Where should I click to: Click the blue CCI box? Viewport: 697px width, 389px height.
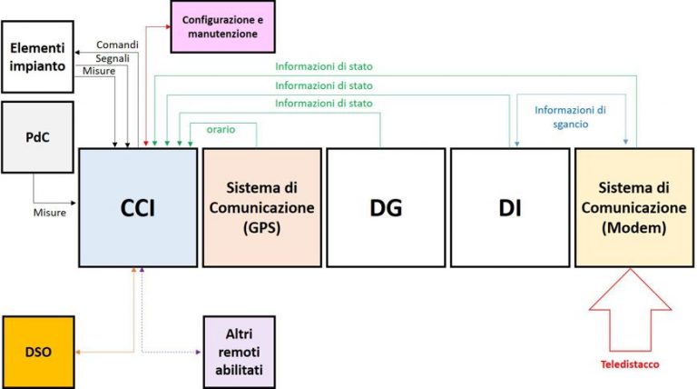(138, 207)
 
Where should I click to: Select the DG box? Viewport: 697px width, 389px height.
(386, 207)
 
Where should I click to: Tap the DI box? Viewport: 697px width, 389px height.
(510, 207)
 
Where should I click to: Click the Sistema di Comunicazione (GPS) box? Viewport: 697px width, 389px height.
(261, 207)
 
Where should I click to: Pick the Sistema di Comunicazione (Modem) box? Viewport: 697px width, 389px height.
(634, 207)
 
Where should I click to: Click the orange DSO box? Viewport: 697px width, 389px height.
(38, 352)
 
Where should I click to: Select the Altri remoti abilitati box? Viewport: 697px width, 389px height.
(240, 352)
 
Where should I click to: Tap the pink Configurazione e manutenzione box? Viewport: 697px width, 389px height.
(222, 26)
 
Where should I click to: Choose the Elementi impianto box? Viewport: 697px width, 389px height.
(38, 57)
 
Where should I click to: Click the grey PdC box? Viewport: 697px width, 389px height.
(38, 137)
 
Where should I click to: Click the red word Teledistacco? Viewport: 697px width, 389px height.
(630, 364)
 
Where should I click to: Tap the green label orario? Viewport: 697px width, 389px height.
(221, 130)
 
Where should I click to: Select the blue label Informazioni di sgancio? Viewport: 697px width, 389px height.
(570, 116)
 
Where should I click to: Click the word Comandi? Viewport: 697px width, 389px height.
(117, 45)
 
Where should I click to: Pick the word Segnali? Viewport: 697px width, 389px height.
(113, 58)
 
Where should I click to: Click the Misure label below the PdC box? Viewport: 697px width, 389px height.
(50, 213)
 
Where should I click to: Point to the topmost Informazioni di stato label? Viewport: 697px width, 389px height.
(324, 66)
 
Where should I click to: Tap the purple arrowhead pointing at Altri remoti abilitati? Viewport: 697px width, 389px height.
(198, 352)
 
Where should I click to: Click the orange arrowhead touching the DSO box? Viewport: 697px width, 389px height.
(77, 352)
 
